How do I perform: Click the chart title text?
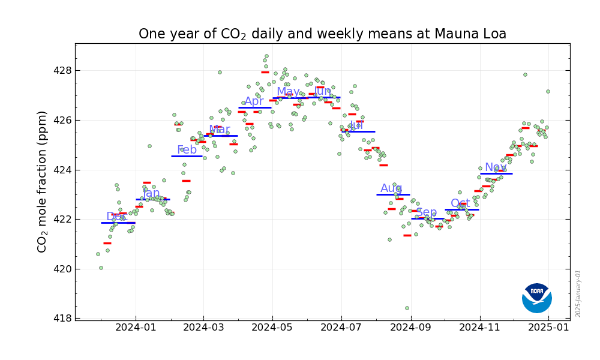tap(322, 34)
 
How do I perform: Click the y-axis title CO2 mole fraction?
tap(42, 181)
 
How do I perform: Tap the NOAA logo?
tap(536, 298)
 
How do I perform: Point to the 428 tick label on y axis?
tap(62, 71)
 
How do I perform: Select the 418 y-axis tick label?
tap(62, 319)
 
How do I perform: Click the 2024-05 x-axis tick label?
tap(272, 328)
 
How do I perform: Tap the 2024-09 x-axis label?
tap(410, 328)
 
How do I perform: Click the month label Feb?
tap(187, 150)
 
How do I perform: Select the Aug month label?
tap(391, 188)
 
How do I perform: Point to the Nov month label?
tap(496, 167)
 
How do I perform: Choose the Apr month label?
tap(254, 101)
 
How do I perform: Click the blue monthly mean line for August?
tap(393, 194)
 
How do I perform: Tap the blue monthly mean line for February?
tap(187, 156)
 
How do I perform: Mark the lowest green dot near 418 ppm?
tap(407, 308)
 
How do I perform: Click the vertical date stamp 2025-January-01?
tap(578, 293)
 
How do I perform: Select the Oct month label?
tap(460, 203)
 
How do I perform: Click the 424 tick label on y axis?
tap(62, 170)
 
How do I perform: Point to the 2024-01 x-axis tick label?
tap(134, 328)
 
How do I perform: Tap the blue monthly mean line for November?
tap(496, 173)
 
